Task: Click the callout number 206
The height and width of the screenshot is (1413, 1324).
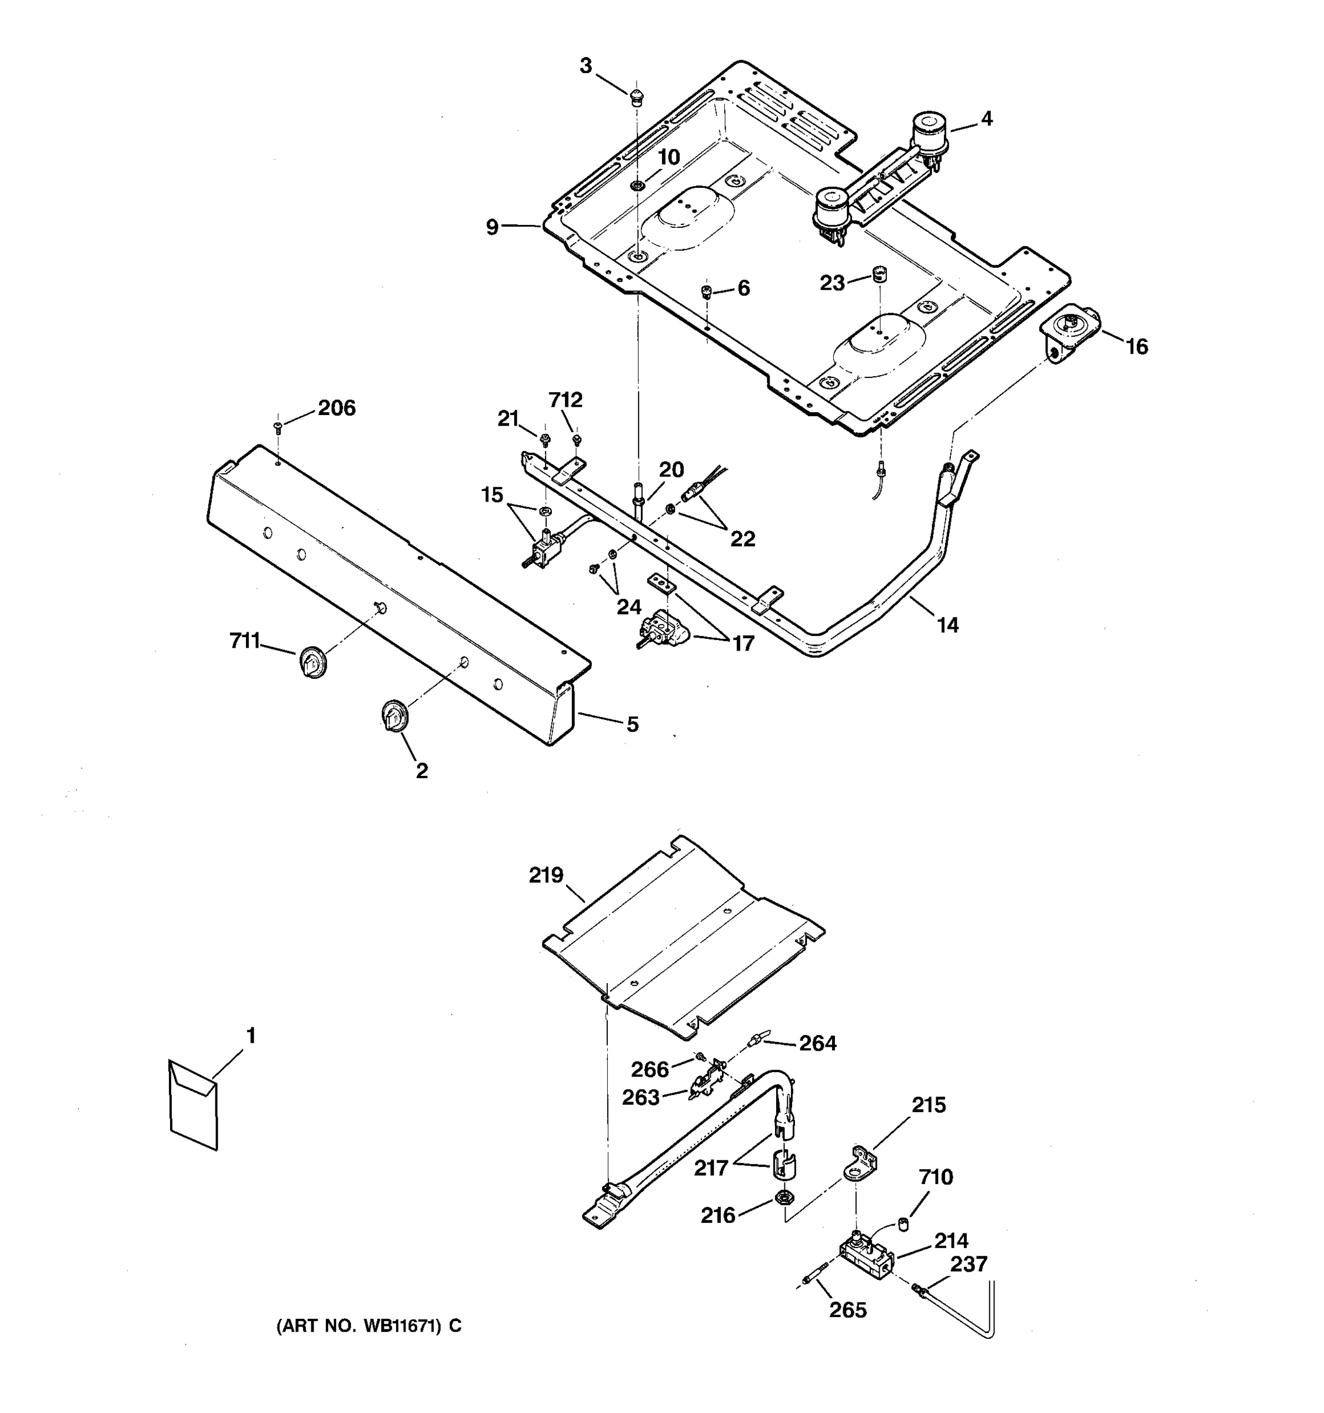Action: (336, 408)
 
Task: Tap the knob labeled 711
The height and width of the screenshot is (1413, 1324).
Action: (312, 662)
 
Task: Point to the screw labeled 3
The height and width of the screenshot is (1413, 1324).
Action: (637, 95)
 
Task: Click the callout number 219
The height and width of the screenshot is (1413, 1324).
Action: (545, 875)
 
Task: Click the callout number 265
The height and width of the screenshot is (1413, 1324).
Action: (848, 1310)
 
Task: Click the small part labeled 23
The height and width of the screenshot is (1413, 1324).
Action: (880, 273)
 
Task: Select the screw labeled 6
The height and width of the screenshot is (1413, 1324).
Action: (707, 291)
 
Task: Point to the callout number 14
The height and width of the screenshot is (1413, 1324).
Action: (947, 625)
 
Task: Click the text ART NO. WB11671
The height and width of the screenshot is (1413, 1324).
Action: (368, 1326)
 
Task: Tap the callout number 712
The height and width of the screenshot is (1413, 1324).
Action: (565, 400)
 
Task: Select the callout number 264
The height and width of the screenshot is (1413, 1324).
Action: (817, 1043)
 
